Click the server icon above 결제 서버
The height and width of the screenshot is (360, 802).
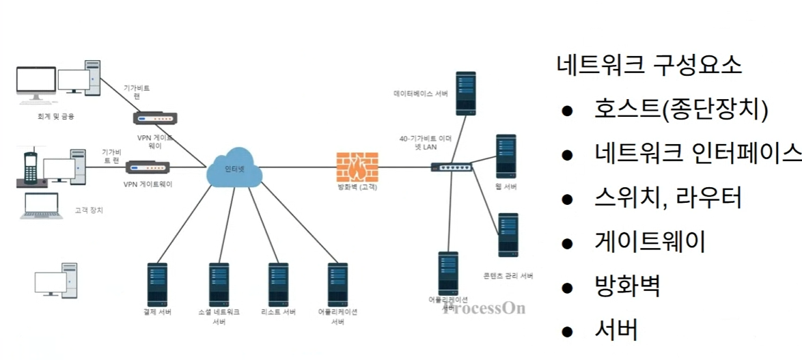pos(158,283)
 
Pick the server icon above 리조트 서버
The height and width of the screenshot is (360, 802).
pos(277,283)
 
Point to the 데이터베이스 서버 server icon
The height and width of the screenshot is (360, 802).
pos(465,92)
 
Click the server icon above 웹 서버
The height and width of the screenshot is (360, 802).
pos(506,156)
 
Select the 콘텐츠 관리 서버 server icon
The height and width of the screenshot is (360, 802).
pos(508,235)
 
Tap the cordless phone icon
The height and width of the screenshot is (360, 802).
pos(31,168)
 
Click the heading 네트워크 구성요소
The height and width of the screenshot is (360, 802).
pos(649,66)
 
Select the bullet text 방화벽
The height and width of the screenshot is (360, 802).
pos(628,286)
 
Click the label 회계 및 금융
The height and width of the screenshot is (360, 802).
pos(56,116)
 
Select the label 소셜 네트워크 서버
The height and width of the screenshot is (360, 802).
pos(219,316)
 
